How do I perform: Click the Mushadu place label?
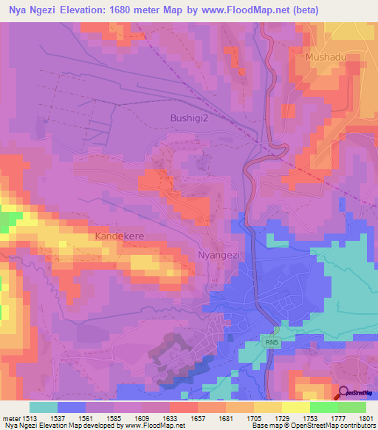(x=326, y=56)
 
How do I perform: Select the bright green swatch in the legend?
(x=323, y=407)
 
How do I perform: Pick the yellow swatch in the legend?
(x=295, y=407)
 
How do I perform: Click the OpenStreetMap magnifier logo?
(x=343, y=392)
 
